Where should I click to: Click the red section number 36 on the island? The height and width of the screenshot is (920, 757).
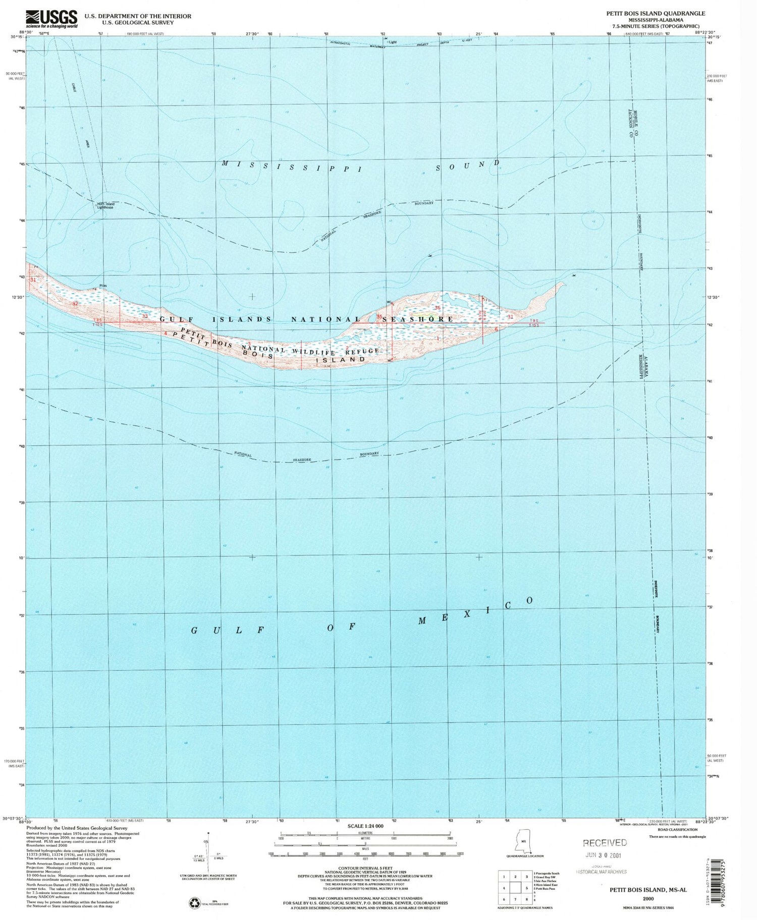click(437, 308)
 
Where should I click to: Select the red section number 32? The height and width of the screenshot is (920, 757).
click(75, 304)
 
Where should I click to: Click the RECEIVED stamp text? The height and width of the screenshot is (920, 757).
click(605, 842)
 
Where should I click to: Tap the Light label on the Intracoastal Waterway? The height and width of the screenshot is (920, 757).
click(392, 42)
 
